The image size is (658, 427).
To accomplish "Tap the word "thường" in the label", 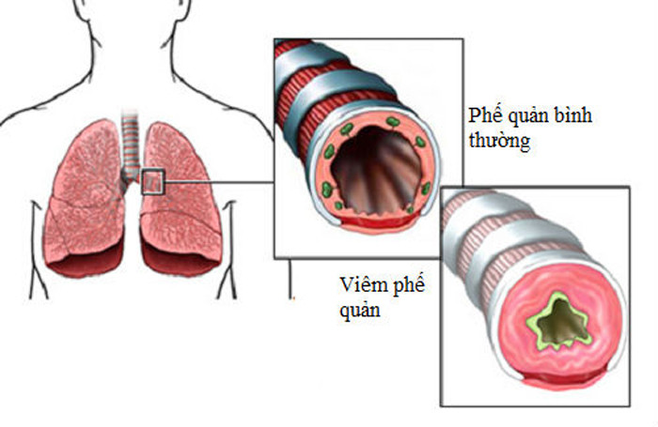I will pyautogui.click(x=497, y=143).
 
